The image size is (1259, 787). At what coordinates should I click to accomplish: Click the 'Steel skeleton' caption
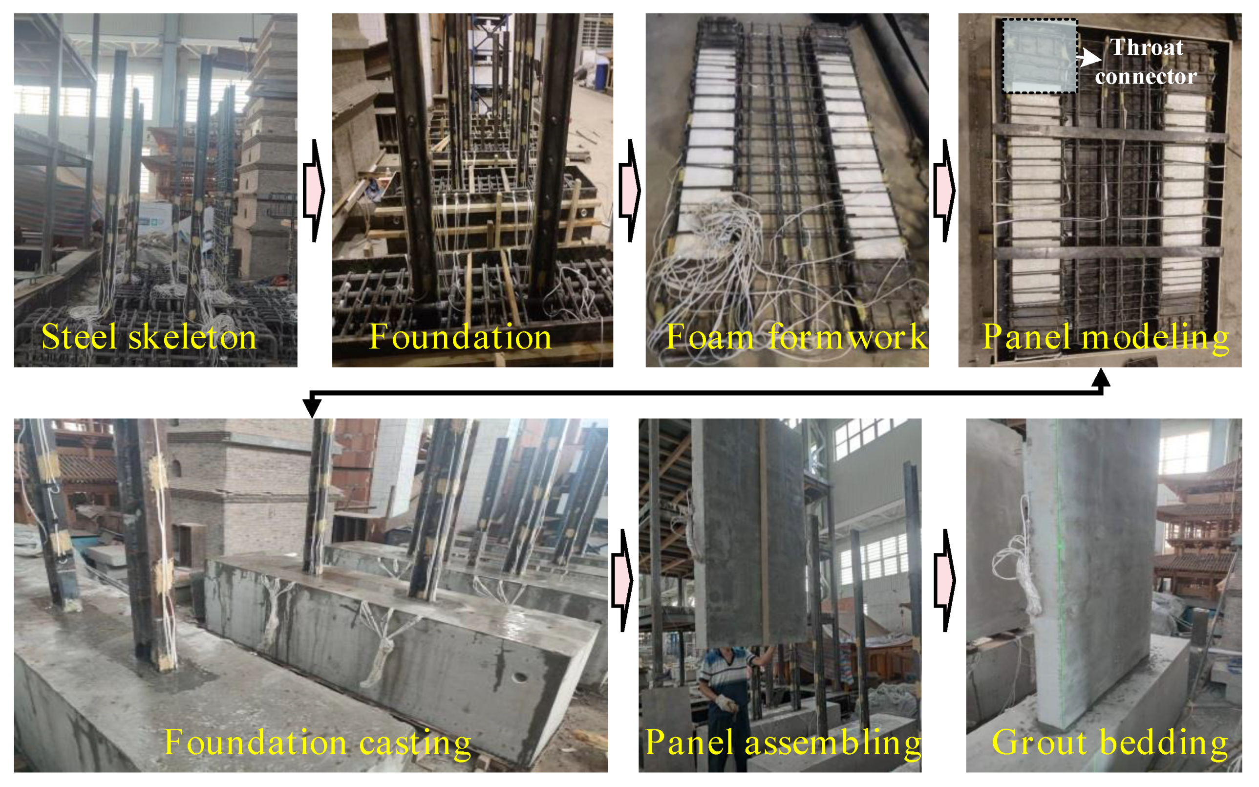[149, 337]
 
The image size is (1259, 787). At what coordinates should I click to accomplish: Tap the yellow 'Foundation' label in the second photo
[460, 337]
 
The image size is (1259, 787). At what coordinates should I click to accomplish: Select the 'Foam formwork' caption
[796, 337]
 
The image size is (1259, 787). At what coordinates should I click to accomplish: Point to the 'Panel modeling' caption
[1106, 337]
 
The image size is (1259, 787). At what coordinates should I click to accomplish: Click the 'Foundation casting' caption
[318, 742]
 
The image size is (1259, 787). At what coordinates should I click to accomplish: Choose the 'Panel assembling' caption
[783, 742]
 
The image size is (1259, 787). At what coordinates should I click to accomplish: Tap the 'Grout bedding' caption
[1110, 742]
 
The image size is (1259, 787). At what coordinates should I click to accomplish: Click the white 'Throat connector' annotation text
[1146, 62]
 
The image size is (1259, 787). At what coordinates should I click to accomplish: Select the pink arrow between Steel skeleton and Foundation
[314, 191]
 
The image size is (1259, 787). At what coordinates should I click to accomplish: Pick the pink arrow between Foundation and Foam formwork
[630, 191]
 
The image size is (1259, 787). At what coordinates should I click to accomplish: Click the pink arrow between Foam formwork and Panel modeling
[945, 191]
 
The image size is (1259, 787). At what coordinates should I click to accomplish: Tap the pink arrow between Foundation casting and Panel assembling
[622, 580]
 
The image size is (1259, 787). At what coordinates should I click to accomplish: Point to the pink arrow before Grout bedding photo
[945, 580]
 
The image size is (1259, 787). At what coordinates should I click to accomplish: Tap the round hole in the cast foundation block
[519, 678]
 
